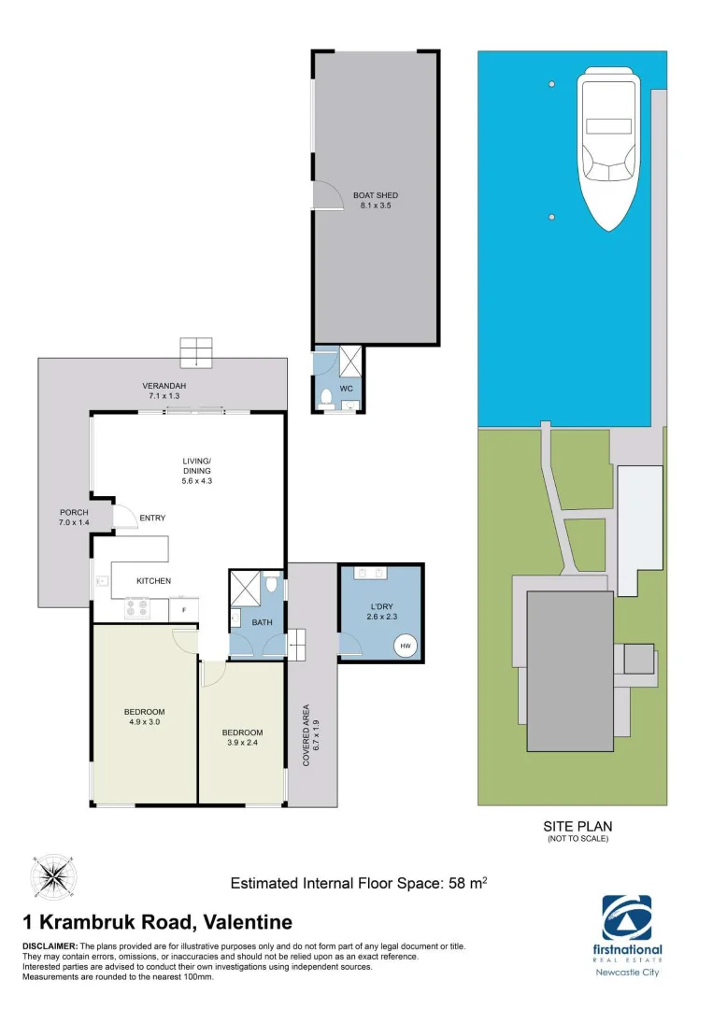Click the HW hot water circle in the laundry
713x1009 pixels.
(406, 645)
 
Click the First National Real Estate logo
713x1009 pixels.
(627, 925)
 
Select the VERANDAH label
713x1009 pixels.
(162, 386)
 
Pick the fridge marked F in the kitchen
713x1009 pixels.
(183, 611)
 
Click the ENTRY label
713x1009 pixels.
(151, 518)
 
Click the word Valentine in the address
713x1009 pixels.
(246, 923)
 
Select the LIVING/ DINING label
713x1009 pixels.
(196, 465)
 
